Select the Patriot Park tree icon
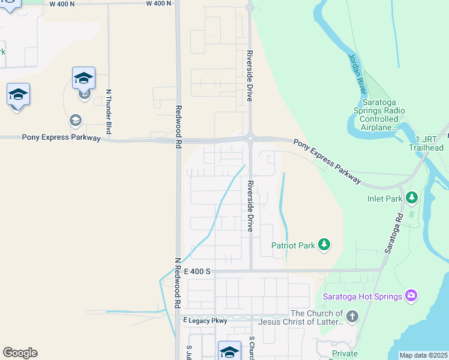click(x=324, y=244)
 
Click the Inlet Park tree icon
click(x=411, y=197)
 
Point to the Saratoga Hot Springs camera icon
click(x=411, y=295)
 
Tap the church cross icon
click(x=352, y=316)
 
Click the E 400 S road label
click(x=197, y=272)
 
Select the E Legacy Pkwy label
click(x=205, y=321)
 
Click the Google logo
click(x=20, y=353)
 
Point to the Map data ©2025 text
click(x=423, y=355)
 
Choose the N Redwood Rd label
click(x=178, y=283)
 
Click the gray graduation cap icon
click(x=76, y=120)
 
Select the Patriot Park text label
click(x=293, y=245)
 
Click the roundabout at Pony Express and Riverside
click(x=250, y=139)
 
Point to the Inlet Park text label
click(x=385, y=198)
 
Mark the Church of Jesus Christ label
click(x=316, y=317)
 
